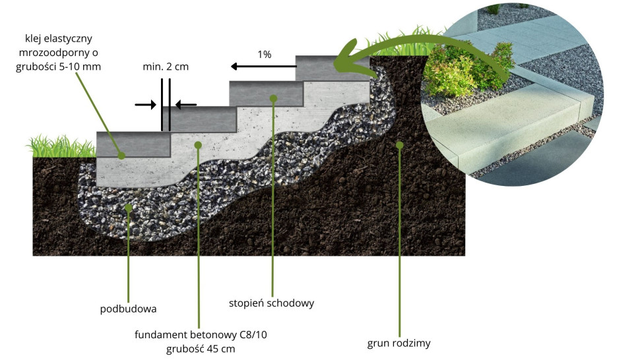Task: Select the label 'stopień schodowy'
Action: [271, 303]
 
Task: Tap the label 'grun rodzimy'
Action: [399, 343]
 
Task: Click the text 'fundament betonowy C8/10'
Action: [201, 335]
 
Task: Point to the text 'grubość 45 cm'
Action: [201, 349]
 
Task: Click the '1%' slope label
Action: [265, 55]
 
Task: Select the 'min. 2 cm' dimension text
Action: [165, 67]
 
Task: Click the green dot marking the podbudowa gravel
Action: [129, 208]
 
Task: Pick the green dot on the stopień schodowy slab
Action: [273, 98]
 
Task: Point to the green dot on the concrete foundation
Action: [198, 144]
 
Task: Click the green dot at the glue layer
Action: [121, 156]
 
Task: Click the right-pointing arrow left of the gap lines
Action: [144, 104]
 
